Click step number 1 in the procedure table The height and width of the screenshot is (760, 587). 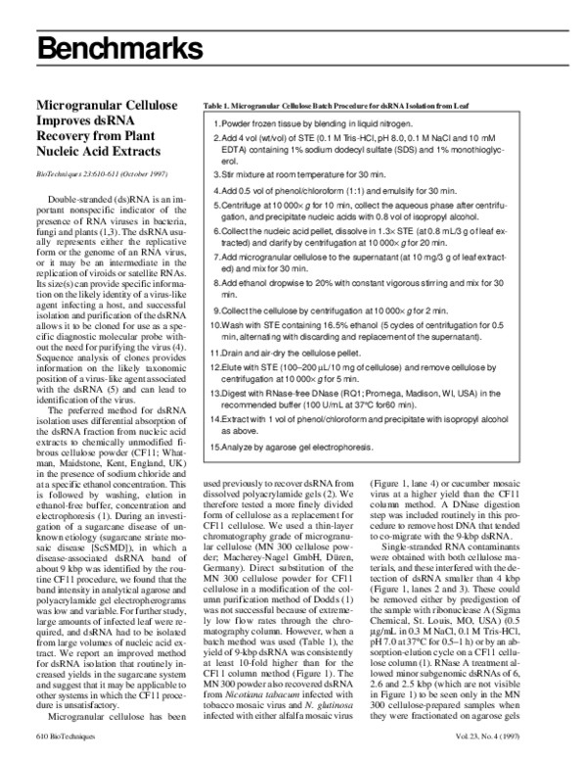point(214,126)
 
